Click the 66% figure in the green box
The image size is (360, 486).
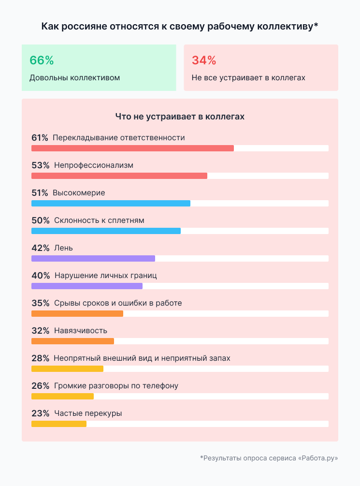pyautogui.click(x=42, y=60)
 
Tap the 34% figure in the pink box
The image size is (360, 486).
pyautogui.click(x=204, y=60)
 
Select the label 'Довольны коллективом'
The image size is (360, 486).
pyautogui.click(x=74, y=77)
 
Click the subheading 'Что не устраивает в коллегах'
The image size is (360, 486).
pyautogui.click(x=180, y=117)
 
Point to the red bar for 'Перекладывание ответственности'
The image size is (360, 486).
pyautogui.click(x=132, y=148)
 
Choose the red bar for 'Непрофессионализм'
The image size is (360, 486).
pyautogui.click(x=119, y=176)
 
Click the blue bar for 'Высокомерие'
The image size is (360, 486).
pyautogui.click(x=111, y=203)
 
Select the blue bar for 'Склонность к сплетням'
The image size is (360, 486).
pyautogui.click(x=106, y=231)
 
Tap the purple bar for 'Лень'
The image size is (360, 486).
pyautogui.click(x=93, y=258)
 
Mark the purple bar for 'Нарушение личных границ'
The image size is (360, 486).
pyautogui.click(x=87, y=286)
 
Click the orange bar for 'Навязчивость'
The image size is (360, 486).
pyautogui.click(x=72, y=341)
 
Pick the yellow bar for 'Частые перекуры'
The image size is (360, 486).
pyautogui.click(x=59, y=424)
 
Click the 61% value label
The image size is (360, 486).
pyautogui.click(x=40, y=138)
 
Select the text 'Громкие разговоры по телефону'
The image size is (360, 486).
pyautogui.click(x=116, y=386)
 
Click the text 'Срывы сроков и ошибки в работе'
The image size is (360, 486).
pyautogui.click(x=118, y=303)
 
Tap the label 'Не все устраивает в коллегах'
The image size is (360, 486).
pyautogui.click(x=248, y=77)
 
